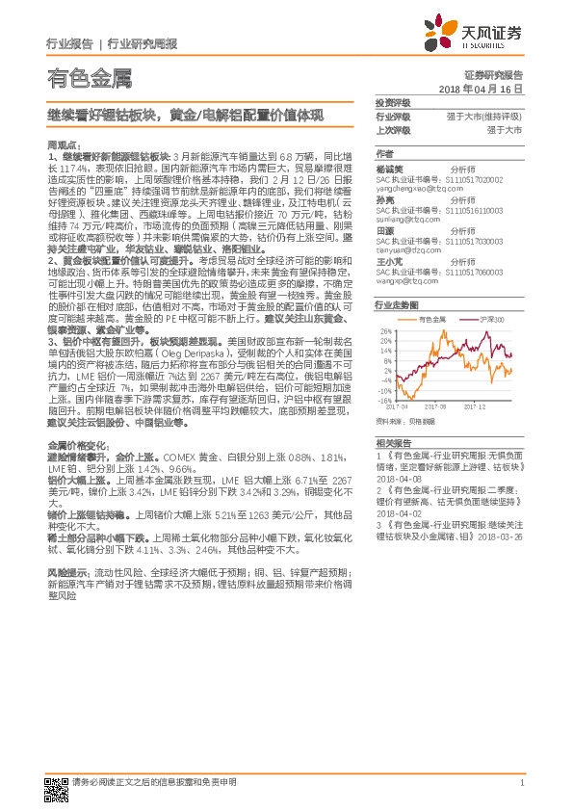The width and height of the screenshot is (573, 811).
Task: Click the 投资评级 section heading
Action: coord(393,102)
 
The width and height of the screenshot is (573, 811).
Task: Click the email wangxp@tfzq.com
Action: coord(407,281)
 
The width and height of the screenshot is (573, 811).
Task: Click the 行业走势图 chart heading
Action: coord(396,303)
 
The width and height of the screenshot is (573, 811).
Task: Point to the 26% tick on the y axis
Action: coord(386,331)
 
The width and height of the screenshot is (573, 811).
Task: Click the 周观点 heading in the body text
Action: coord(60,144)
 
